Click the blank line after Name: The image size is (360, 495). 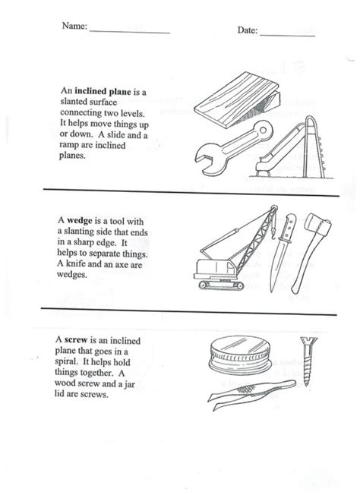[x=130, y=32]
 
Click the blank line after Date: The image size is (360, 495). [x=287, y=36]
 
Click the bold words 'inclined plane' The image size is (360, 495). [x=103, y=92]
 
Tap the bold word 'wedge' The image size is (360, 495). [x=80, y=220]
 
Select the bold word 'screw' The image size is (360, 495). [x=76, y=340]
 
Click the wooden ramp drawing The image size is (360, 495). [x=237, y=100]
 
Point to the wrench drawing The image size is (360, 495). [x=234, y=148]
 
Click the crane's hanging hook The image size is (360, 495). [x=273, y=232]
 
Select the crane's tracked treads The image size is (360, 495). [x=221, y=285]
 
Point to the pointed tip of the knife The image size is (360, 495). [x=271, y=291]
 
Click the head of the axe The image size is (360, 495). [x=317, y=224]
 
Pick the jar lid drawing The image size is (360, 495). [x=241, y=355]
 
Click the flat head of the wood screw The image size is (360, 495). [x=308, y=341]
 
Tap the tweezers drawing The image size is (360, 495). [x=251, y=394]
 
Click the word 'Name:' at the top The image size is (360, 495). [x=74, y=26]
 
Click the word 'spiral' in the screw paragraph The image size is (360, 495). [x=65, y=362]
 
